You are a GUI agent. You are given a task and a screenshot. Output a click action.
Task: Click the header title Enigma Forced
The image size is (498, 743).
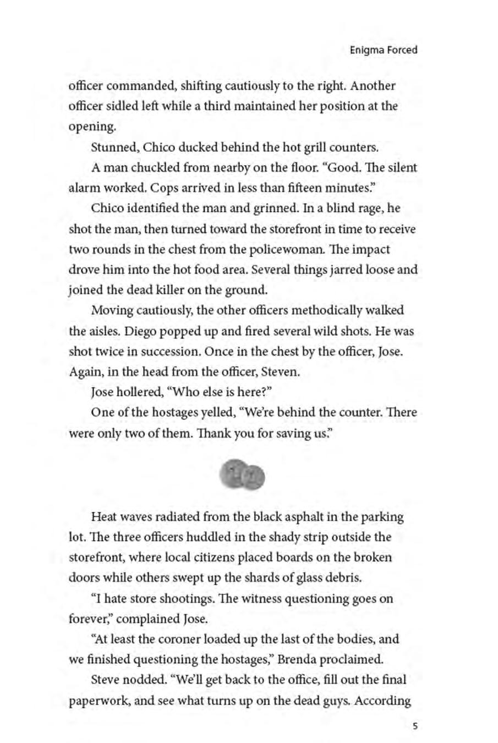click(x=384, y=50)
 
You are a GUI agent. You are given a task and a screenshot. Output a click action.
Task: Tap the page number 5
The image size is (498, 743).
click(x=414, y=725)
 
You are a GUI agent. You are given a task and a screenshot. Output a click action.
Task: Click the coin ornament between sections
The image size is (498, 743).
click(x=242, y=474)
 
